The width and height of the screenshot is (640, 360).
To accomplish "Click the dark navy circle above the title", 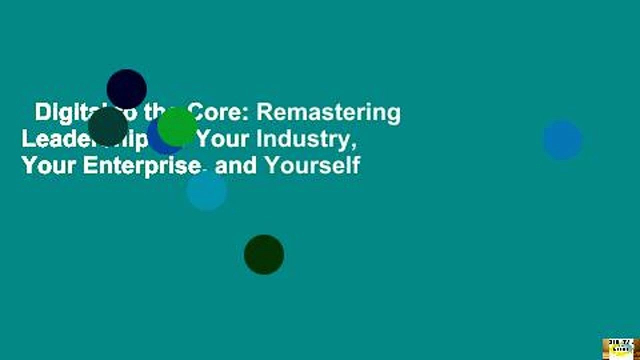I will click(126, 89).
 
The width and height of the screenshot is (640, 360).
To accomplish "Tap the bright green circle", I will click(177, 126).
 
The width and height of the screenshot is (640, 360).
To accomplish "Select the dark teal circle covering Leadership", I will click(108, 126).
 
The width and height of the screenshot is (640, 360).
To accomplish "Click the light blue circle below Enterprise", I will click(206, 190).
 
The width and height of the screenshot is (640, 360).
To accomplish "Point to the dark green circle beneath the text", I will click(264, 254).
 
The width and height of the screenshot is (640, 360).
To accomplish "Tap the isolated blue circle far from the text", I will click(562, 140).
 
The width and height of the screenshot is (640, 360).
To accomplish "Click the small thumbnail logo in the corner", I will click(620, 349).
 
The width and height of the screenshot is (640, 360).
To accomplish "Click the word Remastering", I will click(328, 113).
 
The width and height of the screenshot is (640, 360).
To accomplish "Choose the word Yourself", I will click(312, 165).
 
